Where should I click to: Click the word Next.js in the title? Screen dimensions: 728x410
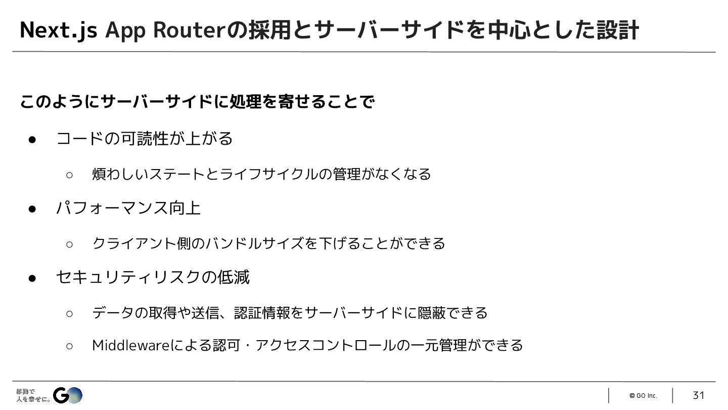click(58, 30)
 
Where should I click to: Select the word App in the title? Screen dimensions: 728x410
click(126, 30)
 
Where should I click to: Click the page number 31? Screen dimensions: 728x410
click(698, 395)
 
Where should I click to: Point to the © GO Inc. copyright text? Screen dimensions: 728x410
click(643, 396)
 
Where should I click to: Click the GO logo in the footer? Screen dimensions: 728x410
click(68, 395)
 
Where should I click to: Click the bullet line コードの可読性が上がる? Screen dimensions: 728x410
click(144, 139)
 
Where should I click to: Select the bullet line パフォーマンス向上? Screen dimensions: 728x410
click(128, 208)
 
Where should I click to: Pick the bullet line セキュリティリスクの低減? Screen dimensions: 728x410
click(152, 277)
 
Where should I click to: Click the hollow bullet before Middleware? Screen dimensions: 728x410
click(70, 346)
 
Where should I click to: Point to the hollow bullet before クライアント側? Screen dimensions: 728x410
click(70, 244)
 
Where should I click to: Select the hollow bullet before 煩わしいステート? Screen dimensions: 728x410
click(70, 175)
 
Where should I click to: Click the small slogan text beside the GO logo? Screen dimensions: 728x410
click(33, 395)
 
